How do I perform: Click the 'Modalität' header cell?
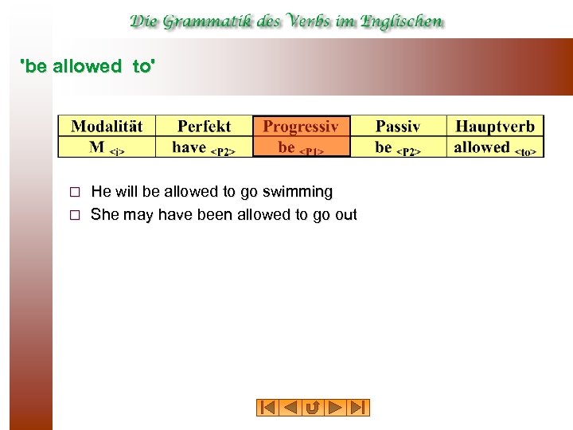coord(107,126)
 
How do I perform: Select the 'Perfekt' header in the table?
coord(204,126)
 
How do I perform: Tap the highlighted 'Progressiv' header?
coord(301,126)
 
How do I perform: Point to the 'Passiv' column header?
coord(398,126)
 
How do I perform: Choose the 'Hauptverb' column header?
coord(495,126)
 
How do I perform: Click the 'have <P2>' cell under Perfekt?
coord(204,147)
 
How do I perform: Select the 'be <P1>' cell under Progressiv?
coord(301,147)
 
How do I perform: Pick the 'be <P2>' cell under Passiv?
coord(398,147)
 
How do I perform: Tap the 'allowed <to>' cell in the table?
coord(495,147)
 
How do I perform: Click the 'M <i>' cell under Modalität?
coord(107,147)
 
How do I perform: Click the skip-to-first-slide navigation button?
coord(267,408)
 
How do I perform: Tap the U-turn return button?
coord(313,408)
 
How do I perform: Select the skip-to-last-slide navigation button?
coord(359,408)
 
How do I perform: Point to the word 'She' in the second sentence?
coord(104,215)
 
